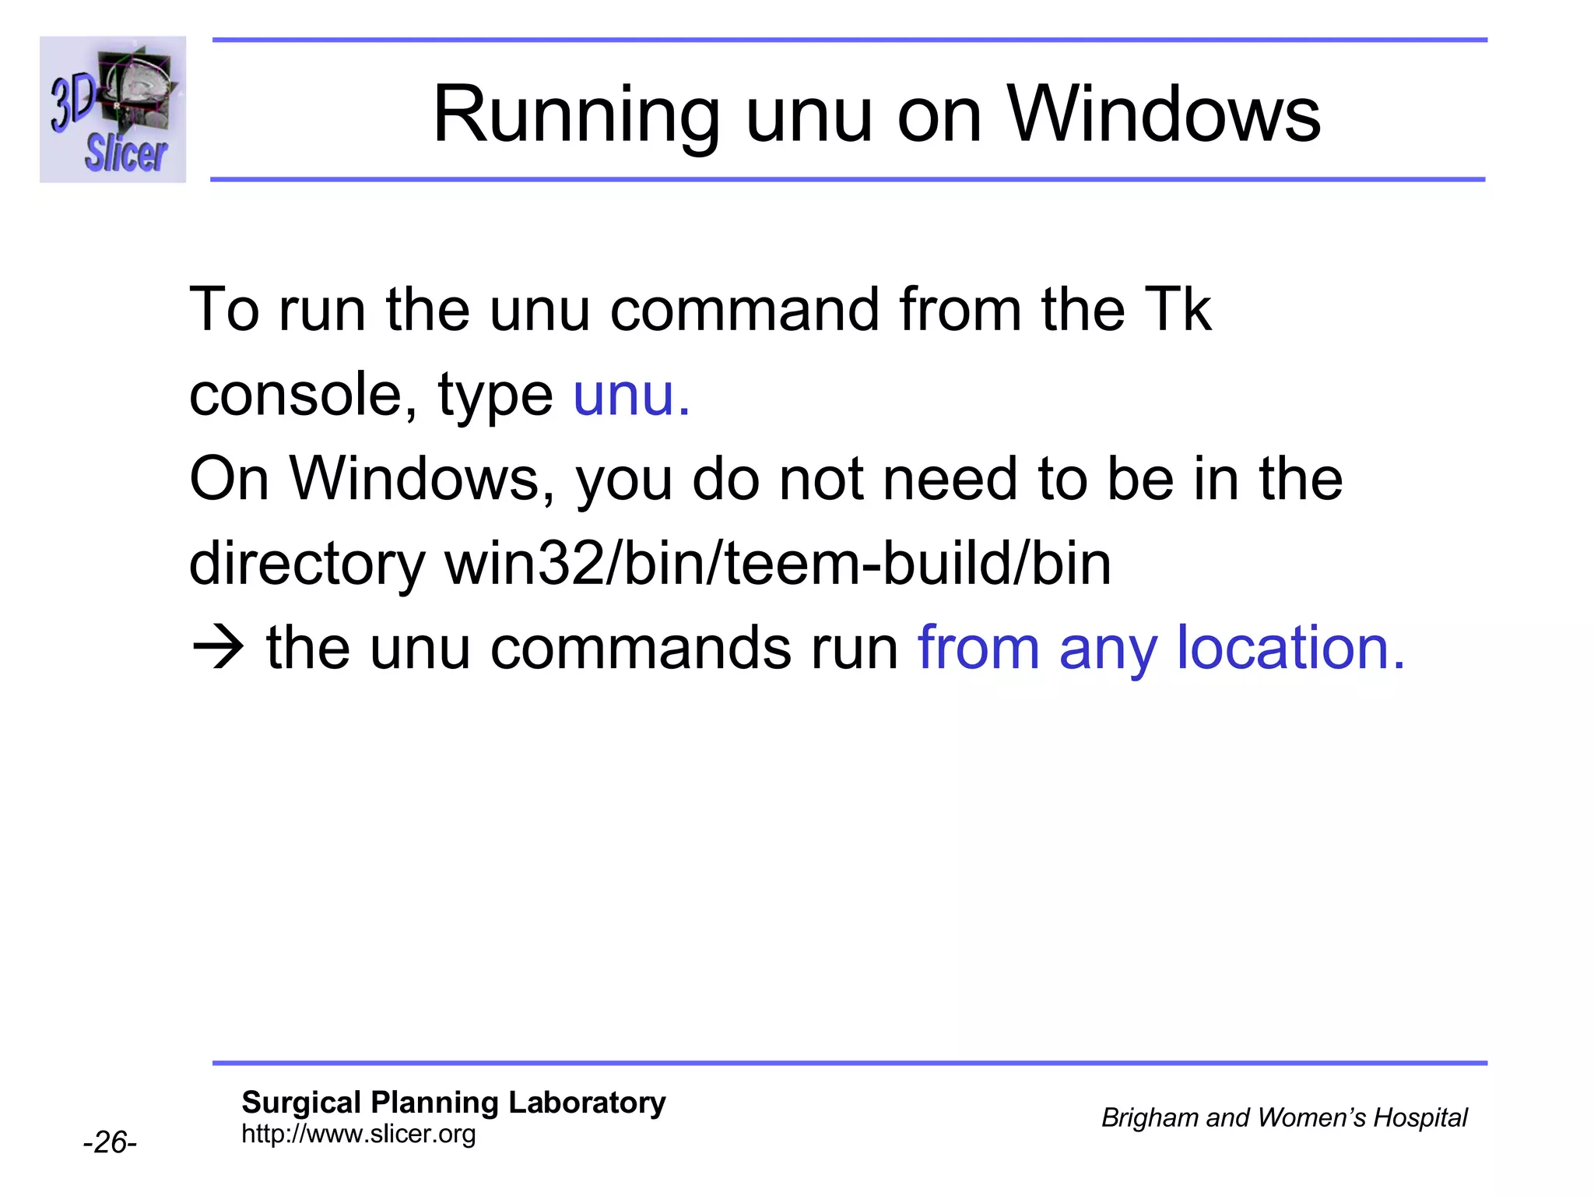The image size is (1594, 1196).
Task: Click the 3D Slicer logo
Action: coord(113,110)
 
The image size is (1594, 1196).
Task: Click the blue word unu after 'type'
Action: coord(630,395)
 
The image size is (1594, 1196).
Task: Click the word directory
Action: coord(307,565)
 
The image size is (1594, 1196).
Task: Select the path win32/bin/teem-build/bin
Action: coord(778,565)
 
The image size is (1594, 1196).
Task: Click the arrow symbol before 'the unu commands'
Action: coord(218,648)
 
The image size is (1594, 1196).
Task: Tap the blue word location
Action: coord(1290,648)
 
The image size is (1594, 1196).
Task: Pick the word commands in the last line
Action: coord(640,648)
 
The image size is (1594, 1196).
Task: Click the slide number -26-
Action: coord(110,1142)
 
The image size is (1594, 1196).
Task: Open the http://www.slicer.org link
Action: coord(359,1134)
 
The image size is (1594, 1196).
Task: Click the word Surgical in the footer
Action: coord(301,1103)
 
